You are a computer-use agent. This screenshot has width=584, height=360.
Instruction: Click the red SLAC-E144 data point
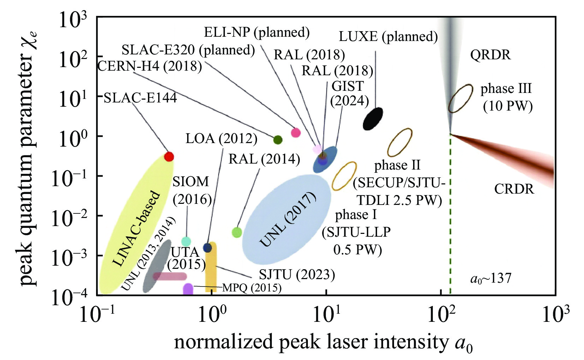pos(169,157)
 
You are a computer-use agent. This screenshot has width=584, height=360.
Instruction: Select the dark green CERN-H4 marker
pos(278,140)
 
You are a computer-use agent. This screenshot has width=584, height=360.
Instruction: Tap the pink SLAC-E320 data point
pos(296,133)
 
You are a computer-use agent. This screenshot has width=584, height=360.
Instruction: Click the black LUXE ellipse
pos(373,119)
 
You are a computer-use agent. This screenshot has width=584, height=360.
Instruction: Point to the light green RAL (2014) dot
pos(237,232)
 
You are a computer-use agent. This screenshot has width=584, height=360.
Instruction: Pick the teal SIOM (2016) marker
pos(186,242)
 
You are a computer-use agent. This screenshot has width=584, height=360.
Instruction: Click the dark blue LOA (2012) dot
pos(208,248)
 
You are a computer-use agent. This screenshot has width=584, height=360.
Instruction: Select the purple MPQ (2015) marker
pos(188,289)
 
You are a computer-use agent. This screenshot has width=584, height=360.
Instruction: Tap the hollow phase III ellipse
pos(460,98)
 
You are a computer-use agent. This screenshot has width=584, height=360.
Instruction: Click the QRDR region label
pos(490,55)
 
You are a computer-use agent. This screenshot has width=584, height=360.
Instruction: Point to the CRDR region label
pos(514,189)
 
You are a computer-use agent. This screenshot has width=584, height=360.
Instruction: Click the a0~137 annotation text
pos(491,279)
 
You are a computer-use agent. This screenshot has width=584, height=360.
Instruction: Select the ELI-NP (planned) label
pos(257,33)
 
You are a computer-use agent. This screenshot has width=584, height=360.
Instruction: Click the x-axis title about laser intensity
pos(323,343)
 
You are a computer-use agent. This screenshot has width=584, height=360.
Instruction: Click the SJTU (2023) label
pos(297,275)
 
